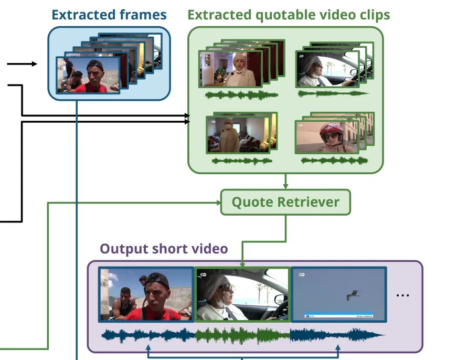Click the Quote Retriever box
[x=285, y=202]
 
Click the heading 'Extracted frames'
[x=109, y=15]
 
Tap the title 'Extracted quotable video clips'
[x=289, y=15]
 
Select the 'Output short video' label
[x=164, y=248]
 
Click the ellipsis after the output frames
[x=402, y=295]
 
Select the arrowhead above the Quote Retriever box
[x=285, y=186]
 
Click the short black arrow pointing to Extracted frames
[x=34, y=64]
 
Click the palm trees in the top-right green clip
[x=331, y=67]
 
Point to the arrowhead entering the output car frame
[x=242, y=264]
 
